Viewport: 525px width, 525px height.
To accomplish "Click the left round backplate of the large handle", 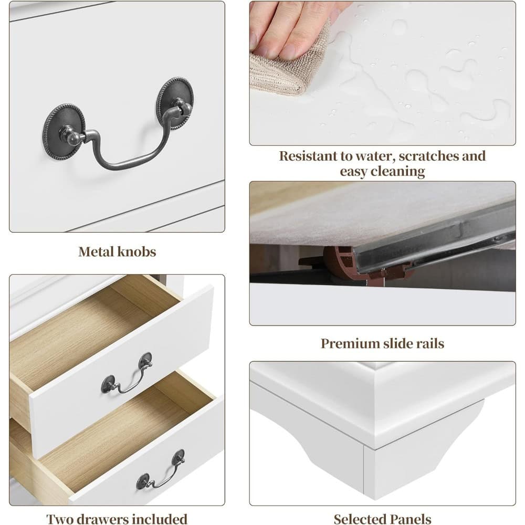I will (64, 131).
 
